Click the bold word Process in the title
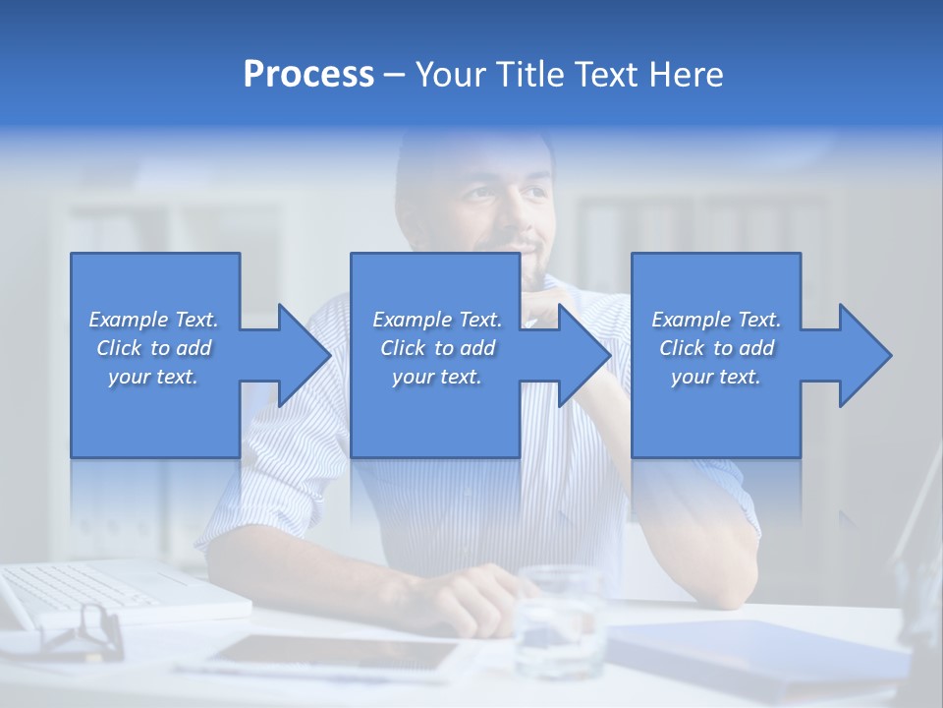[308, 75]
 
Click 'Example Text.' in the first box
[153, 320]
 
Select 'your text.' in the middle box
[436, 377]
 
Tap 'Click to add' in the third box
[716, 348]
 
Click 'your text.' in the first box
[153, 377]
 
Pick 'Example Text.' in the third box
[716, 320]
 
